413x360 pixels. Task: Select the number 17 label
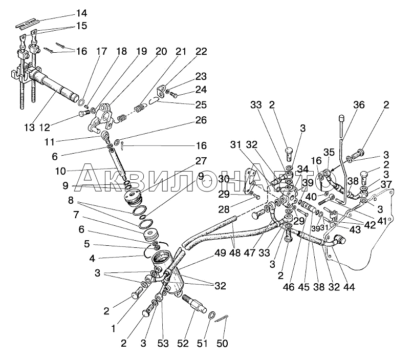pyautogui.click(x=101, y=51)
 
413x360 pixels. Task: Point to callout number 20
pyautogui.click(x=161, y=51)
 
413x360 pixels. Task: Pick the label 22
pyautogui.click(x=201, y=51)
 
